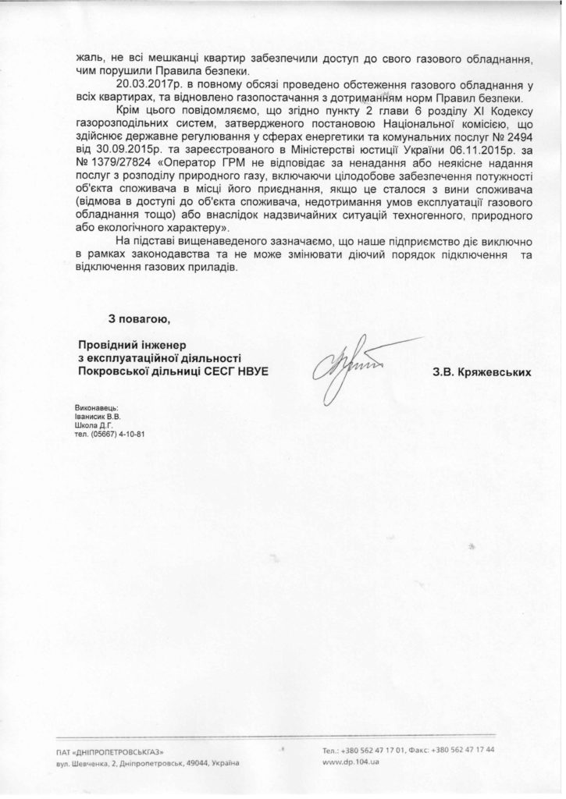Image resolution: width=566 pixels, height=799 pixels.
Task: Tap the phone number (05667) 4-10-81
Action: click(106, 435)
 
